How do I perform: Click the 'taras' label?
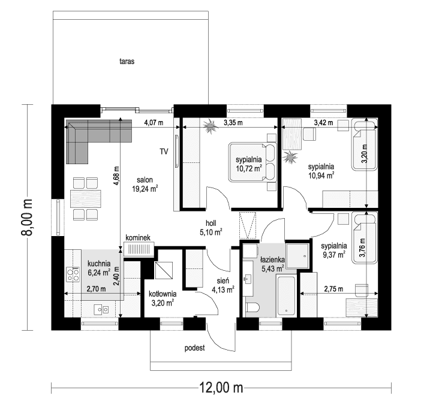coord(126,61)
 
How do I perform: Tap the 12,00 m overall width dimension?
coord(221,388)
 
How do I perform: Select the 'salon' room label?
coord(145,179)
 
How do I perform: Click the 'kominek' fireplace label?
coord(137,238)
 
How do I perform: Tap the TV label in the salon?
coord(163,152)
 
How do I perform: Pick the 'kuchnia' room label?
coord(98,263)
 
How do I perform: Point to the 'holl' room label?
coord(212,223)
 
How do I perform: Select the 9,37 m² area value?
coord(333,254)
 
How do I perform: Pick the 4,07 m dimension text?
coord(154,123)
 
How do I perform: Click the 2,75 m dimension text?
coord(333,289)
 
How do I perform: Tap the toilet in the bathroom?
coord(252,307)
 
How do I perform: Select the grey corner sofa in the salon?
coord(90,135)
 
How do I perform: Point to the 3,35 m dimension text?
coord(233,123)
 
